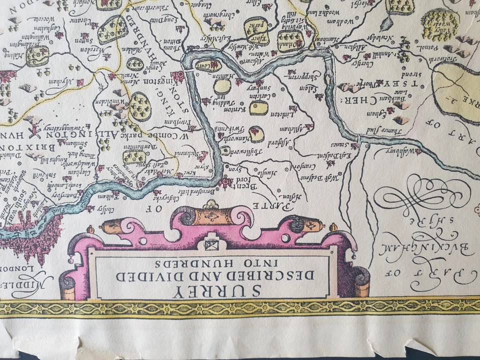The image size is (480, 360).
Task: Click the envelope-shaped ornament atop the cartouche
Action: [210, 244]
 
